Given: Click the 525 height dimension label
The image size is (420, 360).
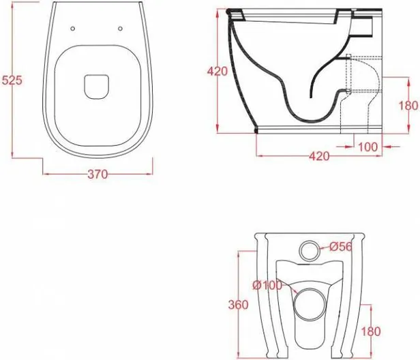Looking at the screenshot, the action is (12, 80).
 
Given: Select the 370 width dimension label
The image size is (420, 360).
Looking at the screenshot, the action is (97, 175).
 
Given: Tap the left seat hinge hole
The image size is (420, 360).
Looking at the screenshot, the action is (72, 29).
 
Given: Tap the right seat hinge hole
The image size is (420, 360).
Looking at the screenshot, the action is (120, 29).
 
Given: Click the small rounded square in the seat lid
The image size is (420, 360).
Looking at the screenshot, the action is (96, 87).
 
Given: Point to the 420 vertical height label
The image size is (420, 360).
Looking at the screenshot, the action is (217, 71).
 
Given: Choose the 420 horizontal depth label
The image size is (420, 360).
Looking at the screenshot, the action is (319, 156).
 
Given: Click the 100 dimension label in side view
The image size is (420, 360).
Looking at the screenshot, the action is (367, 147).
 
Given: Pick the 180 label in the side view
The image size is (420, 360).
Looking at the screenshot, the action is (408, 106).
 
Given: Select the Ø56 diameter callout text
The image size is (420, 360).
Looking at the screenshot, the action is (340, 247).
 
